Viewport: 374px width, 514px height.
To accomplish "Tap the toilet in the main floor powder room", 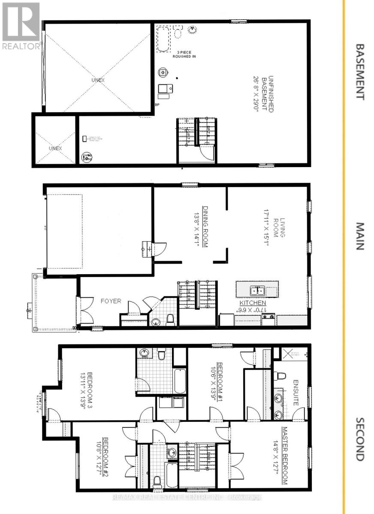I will point(170,319).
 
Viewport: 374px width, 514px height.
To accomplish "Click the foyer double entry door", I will point(84,310).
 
